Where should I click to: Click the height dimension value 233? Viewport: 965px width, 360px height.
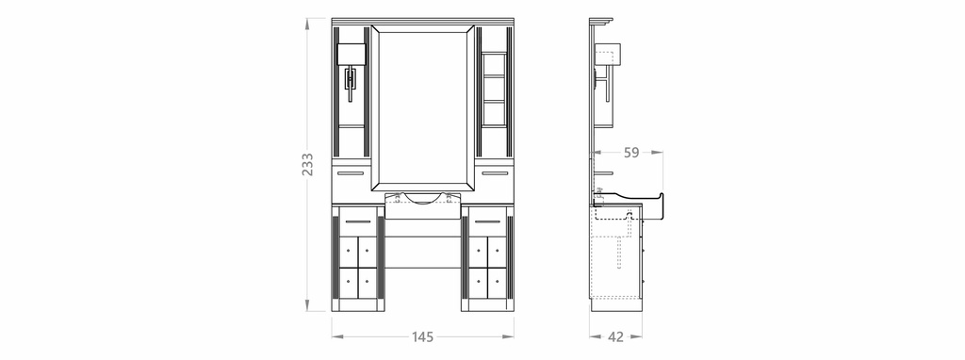[308, 164]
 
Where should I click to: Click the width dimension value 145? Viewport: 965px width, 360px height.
[423, 337]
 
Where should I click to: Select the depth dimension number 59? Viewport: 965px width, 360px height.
[631, 153]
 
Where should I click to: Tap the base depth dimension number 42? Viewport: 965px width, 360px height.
[615, 337]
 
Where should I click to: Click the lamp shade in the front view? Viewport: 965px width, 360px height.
[352, 54]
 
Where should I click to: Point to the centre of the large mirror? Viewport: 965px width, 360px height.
[423, 108]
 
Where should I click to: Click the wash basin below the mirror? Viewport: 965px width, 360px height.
[423, 205]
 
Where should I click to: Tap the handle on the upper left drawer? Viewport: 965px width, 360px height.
[351, 173]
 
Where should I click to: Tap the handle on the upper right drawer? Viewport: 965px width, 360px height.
[495, 173]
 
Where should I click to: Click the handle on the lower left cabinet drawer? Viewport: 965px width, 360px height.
[357, 221]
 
